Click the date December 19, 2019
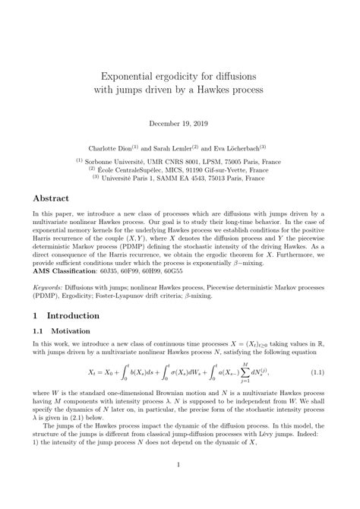point(179,121)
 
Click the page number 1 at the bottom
point(179,486)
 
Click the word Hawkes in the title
point(220,90)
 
